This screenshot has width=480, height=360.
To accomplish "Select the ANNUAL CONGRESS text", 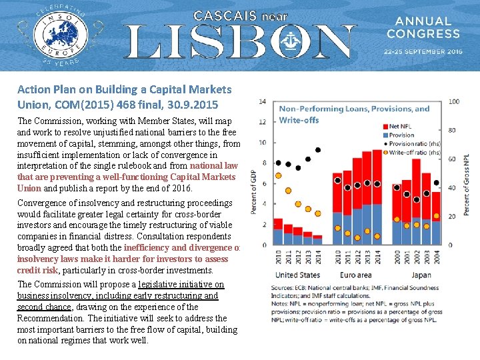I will click(x=423, y=27).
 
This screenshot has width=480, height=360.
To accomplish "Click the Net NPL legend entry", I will click(x=400, y=126).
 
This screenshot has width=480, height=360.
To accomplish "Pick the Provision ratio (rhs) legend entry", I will click(x=409, y=144).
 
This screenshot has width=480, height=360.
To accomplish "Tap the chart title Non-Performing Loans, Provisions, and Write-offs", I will click(x=353, y=114).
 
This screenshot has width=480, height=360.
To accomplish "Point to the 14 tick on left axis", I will click(x=262, y=101).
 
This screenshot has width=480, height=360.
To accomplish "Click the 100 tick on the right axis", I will click(x=454, y=101).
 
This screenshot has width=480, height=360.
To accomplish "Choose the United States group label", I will click(x=297, y=275).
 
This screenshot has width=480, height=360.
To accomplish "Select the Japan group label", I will click(x=421, y=275).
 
